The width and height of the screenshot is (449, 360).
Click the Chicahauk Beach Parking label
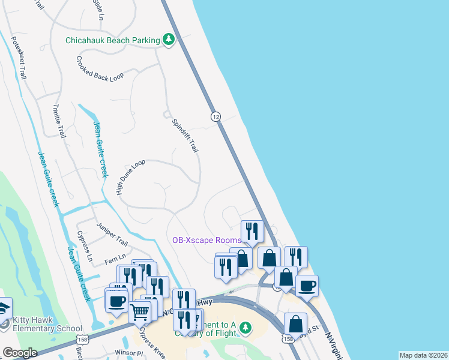113,40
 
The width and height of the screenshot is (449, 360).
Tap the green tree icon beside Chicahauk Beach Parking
169,40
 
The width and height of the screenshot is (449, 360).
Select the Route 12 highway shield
215,116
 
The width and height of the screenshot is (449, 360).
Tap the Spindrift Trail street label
185,135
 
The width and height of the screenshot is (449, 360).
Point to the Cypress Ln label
85,247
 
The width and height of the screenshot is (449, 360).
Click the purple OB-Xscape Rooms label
206,240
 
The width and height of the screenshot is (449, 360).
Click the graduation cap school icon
4,308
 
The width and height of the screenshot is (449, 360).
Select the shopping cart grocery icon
140,311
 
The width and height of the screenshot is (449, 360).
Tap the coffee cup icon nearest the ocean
307,285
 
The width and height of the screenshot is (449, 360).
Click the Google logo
20,353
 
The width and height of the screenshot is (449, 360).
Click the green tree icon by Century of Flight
245,328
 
